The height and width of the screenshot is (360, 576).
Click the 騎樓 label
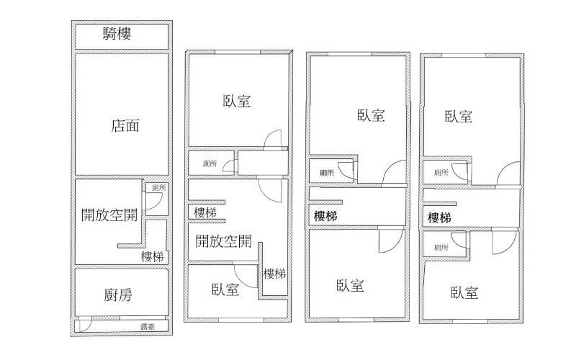(x=117, y=34)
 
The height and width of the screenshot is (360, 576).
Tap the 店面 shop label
(x=125, y=126)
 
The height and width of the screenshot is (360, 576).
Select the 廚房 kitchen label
(x=118, y=294)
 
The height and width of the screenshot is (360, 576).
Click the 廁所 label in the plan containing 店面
(x=158, y=188)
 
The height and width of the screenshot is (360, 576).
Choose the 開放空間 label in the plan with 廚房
(x=109, y=215)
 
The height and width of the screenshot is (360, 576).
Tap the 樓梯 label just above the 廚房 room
(x=153, y=256)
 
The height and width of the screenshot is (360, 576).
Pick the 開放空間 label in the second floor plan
(x=223, y=240)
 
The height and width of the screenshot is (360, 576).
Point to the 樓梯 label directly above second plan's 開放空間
(x=205, y=213)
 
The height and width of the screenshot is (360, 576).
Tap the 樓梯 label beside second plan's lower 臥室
(x=274, y=274)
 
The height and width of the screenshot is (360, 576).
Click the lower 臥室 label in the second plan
(x=225, y=289)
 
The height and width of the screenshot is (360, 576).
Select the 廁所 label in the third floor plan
(x=327, y=173)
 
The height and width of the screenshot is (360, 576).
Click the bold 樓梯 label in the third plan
(x=326, y=216)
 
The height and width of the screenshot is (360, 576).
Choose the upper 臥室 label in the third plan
(x=370, y=115)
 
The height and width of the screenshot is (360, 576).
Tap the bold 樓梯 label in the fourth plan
(x=439, y=217)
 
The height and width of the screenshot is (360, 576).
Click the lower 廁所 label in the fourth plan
(x=441, y=248)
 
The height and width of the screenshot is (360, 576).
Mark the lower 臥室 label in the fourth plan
(x=464, y=293)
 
